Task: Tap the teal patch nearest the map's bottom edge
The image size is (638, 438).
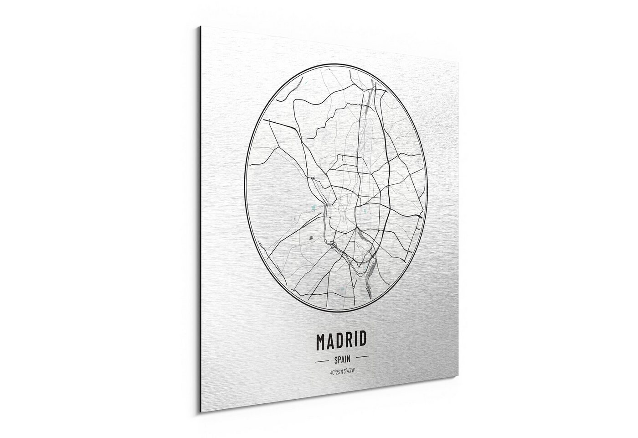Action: point(342,288)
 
